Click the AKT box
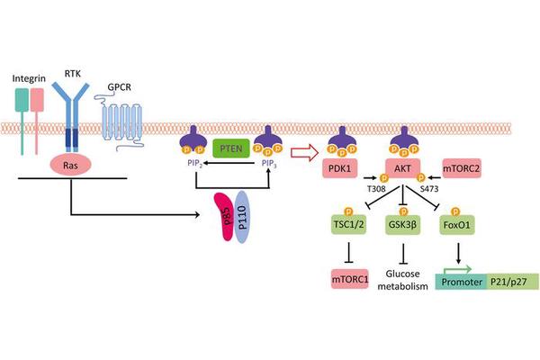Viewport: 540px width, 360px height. point(403,167)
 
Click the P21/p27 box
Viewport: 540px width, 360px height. point(513,281)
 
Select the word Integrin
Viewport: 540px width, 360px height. point(27,80)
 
